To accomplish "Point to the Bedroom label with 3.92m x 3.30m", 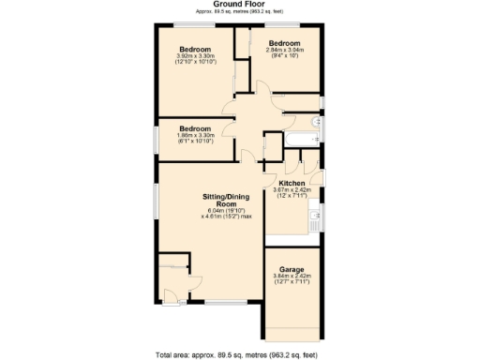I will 196,49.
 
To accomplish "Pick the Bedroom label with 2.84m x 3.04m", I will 284,43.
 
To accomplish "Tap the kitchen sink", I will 316,222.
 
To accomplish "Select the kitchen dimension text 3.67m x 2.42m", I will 292,189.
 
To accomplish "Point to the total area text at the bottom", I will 240,353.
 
